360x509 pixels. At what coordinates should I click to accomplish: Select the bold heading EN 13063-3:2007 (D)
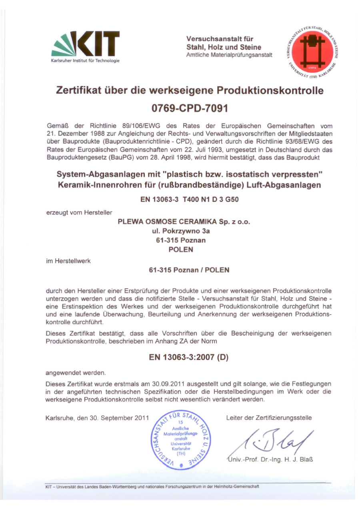pyautogui.click(x=188, y=357)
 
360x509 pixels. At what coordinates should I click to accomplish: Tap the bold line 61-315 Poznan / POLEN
pyautogui.click(x=189, y=270)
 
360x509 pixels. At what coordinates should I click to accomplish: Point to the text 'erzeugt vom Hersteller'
pyautogui.click(x=79, y=212)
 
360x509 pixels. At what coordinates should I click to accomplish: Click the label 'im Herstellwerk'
pyautogui.click(x=68, y=261)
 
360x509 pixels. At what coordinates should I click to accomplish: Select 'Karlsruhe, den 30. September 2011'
pyautogui.click(x=97, y=418)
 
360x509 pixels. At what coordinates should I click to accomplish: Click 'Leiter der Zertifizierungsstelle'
pyautogui.click(x=269, y=418)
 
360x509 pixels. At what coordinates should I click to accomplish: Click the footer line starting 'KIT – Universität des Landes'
pyautogui.click(x=152, y=487)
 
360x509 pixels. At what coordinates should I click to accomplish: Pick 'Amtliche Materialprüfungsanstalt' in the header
pyautogui.click(x=229, y=55)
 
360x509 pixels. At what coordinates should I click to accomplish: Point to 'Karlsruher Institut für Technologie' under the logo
pyautogui.click(x=85, y=60)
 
